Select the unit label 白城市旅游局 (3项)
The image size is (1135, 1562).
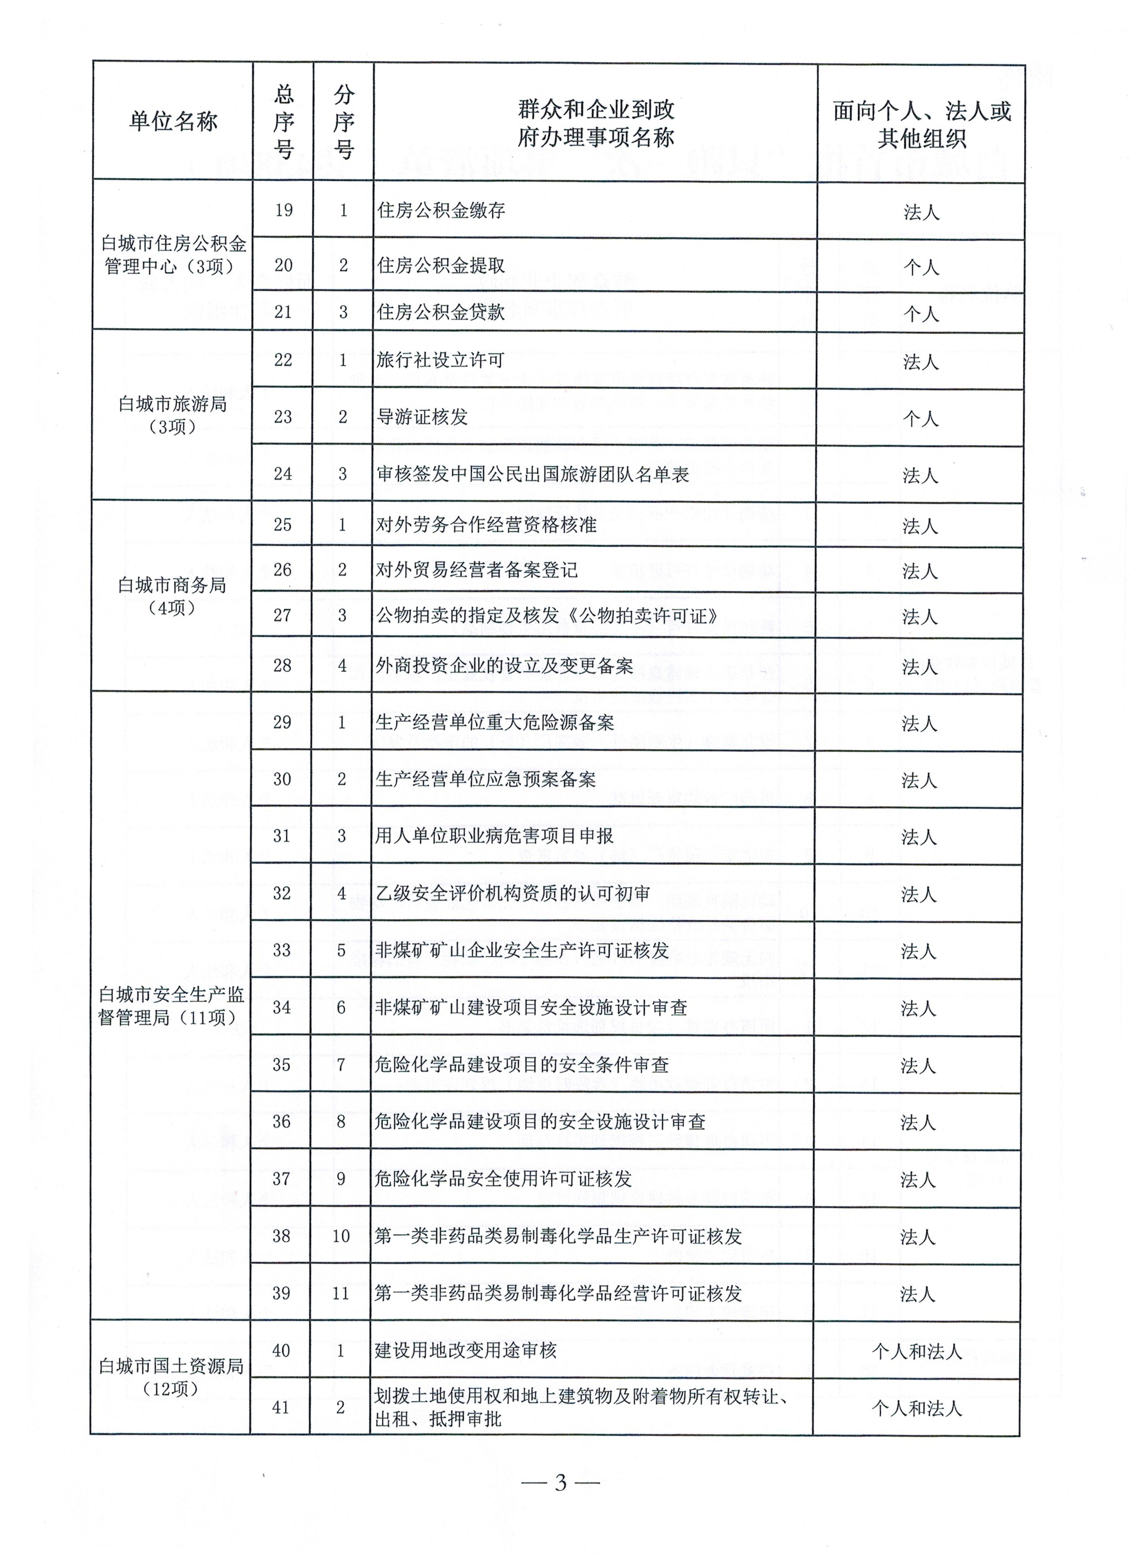[x=172, y=415]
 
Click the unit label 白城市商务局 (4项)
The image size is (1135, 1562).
[x=172, y=596]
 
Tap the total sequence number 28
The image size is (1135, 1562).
[x=282, y=665]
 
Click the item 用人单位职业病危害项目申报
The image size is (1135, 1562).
[x=494, y=836]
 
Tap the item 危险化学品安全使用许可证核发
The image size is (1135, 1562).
[x=503, y=1179]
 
